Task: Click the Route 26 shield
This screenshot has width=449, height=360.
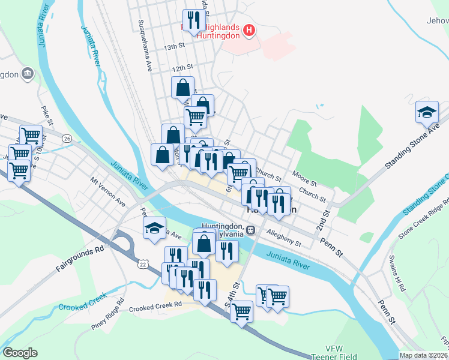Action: click(x=67, y=138)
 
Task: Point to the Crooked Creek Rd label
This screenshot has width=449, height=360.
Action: click(x=155, y=305)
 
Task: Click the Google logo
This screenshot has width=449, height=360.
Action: click(x=20, y=353)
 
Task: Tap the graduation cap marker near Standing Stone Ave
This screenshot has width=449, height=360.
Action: click(x=427, y=113)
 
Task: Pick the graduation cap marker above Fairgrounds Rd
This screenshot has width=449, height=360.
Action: click(x=154, y=228)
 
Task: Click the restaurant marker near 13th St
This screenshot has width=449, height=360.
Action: click(x=193, y=21)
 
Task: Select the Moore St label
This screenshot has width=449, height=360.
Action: click(x=304, y=176)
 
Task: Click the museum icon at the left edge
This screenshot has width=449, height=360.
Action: click(x=28, y=74)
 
